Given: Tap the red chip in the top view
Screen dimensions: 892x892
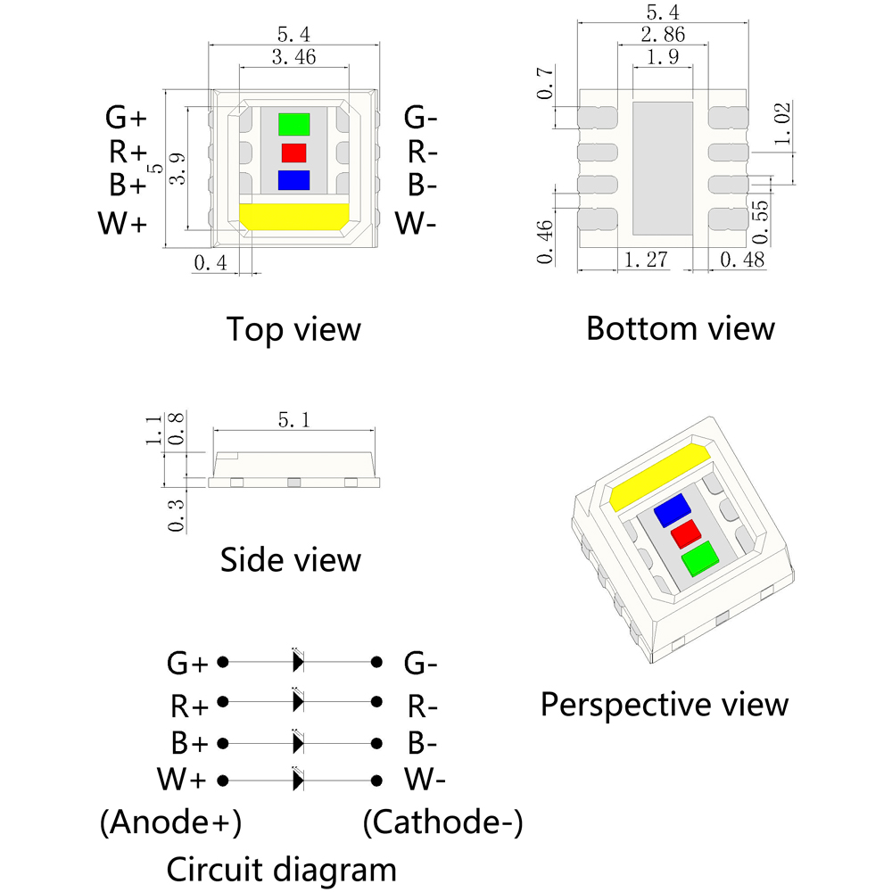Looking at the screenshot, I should tap(293, 153).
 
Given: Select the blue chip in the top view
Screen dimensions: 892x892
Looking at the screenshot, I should tap(293, 179).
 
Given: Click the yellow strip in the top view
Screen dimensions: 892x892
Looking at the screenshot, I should tap(293, 215).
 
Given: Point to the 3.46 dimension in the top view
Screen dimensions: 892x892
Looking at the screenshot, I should tap(293, 59).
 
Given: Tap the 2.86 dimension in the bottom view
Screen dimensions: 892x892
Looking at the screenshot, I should tap(662, 35).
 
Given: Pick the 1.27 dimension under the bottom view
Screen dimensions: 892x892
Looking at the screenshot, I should tap(645, 260).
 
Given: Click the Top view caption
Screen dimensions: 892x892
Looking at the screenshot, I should tap(293, 329).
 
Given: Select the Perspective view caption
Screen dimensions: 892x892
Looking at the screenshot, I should tap(665, 705).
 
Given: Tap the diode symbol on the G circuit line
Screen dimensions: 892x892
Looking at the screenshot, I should tap(298, 662).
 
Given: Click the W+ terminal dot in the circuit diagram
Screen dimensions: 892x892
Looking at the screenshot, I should tap(223, 780).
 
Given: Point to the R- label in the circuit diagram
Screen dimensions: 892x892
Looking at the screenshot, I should tap(422, 706).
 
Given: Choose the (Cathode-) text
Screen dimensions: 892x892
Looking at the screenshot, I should tap(442, 822).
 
